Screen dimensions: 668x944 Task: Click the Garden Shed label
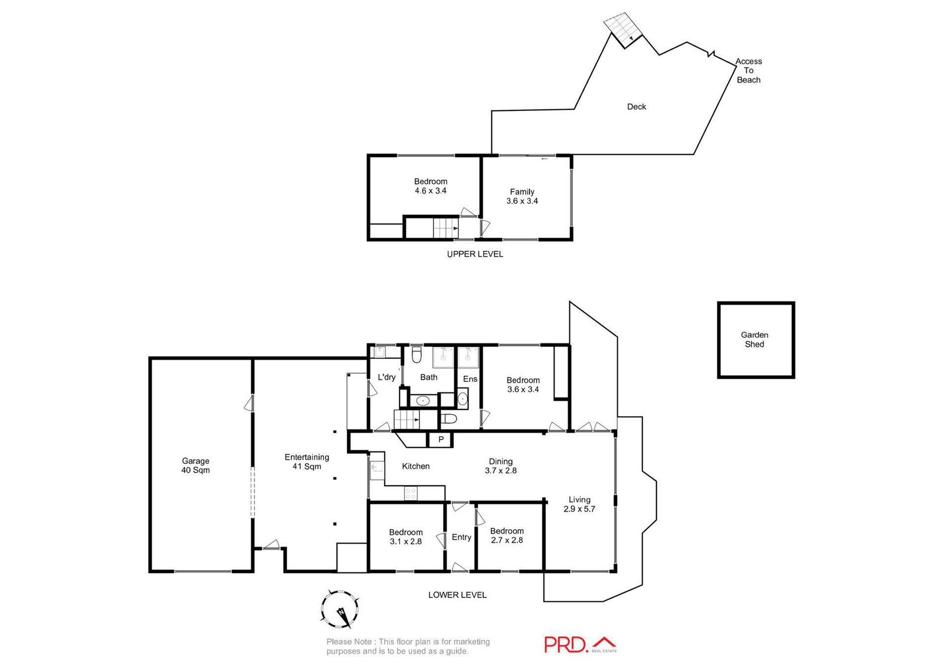click(x=754, y=339)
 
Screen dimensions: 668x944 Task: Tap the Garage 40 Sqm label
click(x=195, y=466)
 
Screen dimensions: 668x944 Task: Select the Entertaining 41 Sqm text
click(x=307, y=461)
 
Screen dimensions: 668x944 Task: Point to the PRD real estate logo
click(x=579, y=644)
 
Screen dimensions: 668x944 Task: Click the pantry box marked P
click(x=440, y=440)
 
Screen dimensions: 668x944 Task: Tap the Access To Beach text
click(x=748, y=70)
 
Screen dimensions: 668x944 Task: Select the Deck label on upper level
click(x=636, y=107)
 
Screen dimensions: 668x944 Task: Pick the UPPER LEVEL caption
click(x=474, y=254)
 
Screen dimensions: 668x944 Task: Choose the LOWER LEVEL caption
click(x=457, y=595)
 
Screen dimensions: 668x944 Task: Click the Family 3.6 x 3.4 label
click(x=522, y=196)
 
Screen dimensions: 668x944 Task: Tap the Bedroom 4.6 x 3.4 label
click(x=430, y=186)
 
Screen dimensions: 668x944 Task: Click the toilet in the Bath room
click(x=417, y=354)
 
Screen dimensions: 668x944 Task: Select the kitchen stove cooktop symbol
click(x=411, y=493)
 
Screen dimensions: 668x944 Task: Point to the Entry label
click(x=461, y=537)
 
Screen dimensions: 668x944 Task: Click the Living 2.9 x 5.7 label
click(x=579, y=504)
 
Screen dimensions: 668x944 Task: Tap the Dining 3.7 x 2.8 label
click(x=500, y=466)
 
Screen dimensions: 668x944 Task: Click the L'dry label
click(x=386, y=377)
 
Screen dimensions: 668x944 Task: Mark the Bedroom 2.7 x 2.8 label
click(x=506, y=535)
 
